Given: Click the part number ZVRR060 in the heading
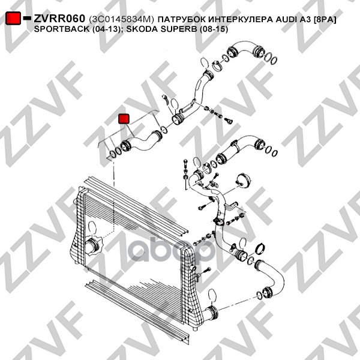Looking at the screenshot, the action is point(59,19).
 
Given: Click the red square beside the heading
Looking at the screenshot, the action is point(13,18).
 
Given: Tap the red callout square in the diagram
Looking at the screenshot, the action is point(124,119).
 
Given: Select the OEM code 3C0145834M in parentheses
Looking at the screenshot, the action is point(121,19).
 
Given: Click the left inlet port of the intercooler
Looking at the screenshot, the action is point(92,247).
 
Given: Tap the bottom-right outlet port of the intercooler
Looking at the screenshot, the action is point(211,313).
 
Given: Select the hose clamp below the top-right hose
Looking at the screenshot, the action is point(217,65).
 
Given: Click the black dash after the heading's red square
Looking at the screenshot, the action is point(27,18).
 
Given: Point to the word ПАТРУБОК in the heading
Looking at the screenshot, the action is point(182,19).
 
